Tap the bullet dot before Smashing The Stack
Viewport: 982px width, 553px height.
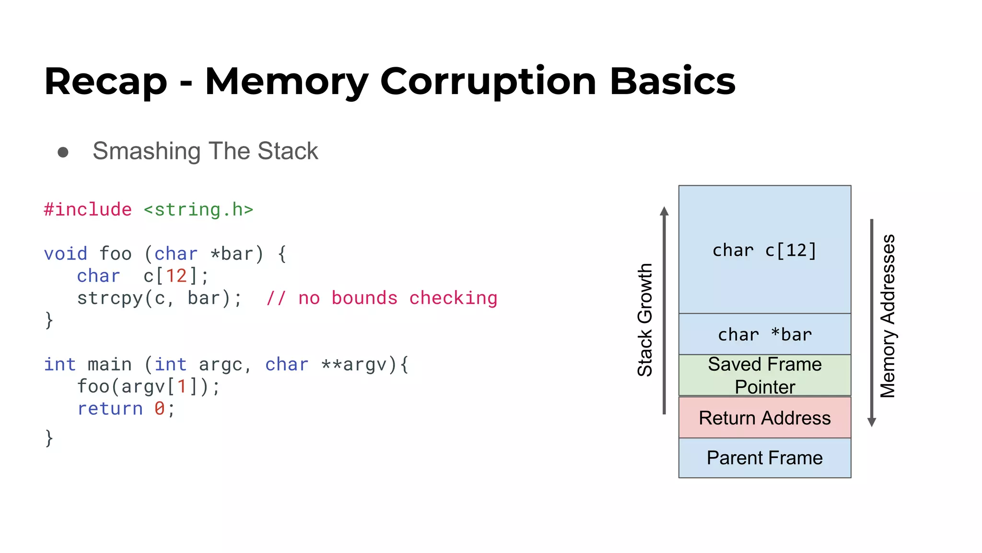pyautogui.click(x=63, y=152)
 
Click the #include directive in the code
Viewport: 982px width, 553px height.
pyautogui.click(x=88, y=210)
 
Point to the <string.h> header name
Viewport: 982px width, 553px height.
pyautogui.click(x=198, y=210)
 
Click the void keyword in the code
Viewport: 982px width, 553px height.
pyautogui.click(x=66, y=253)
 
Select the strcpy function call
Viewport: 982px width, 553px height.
pyautogui.click(x=110, y=298)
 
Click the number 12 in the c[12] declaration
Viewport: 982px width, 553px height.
pyautogui.click(x=176, y=276)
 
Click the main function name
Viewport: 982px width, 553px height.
pyautogui.click(x=109, y=364)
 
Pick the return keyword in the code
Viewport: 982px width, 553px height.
pyautogui.click(x=110, y=409)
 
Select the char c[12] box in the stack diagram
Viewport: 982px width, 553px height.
pyautogui.click(x=764, y=250)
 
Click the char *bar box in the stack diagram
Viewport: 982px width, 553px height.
pyautogui.click(x=764, y=334)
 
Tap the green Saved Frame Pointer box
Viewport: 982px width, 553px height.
pyautogui.click(x=764, y=375)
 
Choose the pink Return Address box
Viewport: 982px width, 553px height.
pyautogui.click(x=764, y=418)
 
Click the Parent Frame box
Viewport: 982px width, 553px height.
pyautogui.click(x=764, y=458)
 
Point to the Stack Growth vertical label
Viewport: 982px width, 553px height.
pyautogui.click(x=645, y=320)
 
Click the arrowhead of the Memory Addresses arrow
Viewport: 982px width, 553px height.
pyautogui.click(x=872, y=422)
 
